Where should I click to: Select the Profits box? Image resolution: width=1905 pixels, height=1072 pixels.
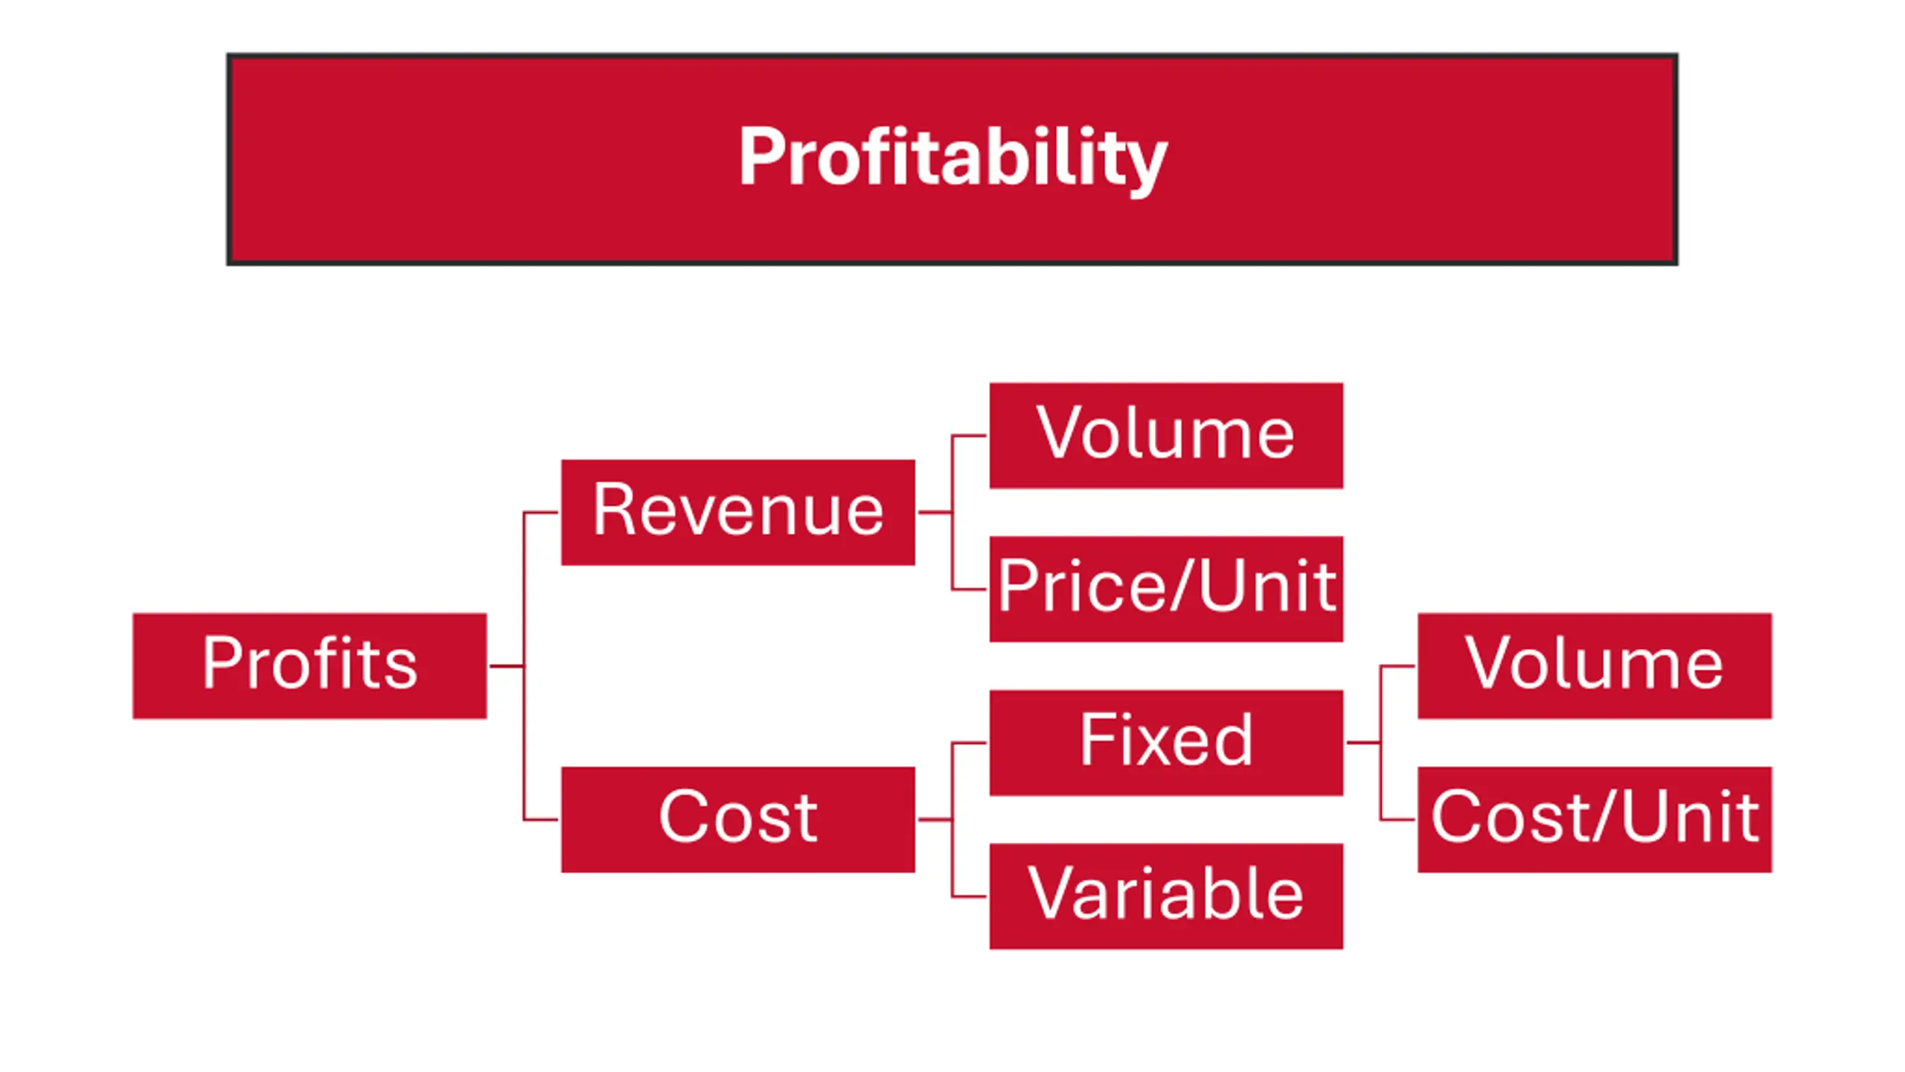coord(310,666)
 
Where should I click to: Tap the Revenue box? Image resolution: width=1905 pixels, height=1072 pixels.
coord(737,512)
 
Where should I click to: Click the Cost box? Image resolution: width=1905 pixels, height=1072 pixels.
coord(737,819)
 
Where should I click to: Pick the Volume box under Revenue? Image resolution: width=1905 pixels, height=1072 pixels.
coord(1165,435)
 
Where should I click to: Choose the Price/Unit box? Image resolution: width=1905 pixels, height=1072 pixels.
coord(1165,589)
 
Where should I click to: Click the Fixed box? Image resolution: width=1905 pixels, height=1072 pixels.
coord(1165,742)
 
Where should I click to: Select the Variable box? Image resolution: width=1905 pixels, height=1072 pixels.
coord(1165,896)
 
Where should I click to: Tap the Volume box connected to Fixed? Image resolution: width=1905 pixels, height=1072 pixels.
coord(1594,666)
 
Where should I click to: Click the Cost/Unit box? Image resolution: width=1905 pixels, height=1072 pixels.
coord(1594,819)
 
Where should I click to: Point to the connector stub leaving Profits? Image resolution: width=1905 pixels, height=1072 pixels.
coord(506,666)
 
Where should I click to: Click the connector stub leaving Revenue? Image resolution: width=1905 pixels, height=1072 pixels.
coord(934,512)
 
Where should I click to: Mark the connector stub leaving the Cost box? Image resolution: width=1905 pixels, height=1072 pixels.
coord(934,820)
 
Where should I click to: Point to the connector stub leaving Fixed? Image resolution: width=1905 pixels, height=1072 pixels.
coord(1363,742)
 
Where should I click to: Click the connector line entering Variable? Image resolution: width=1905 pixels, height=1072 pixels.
coord(970,896)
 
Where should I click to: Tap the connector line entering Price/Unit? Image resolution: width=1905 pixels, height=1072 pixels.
coord(970,590)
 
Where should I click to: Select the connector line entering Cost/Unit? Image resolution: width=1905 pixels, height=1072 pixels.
coord(1398,820)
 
